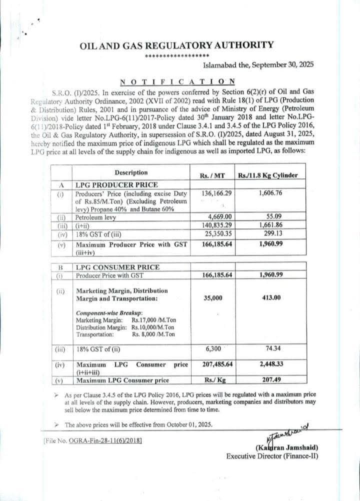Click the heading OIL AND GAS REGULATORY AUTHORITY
(x=176, y=45)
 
